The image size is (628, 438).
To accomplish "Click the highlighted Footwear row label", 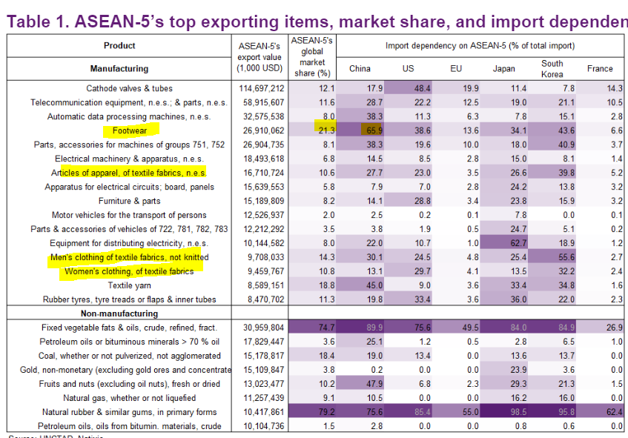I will click(x=125, y=130).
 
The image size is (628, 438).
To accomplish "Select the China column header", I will click(x=360, y=69).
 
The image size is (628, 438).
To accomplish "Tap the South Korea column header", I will click(x=552, y=68).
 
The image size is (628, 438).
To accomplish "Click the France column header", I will click(x=600, y=69).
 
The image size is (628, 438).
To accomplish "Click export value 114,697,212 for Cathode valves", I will click(x=259, y=88).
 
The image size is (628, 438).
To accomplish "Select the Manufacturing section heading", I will click(x=119, y=69).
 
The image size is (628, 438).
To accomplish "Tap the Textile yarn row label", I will click(x=130, y=285).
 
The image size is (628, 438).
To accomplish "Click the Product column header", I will click(x=119, y=46).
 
